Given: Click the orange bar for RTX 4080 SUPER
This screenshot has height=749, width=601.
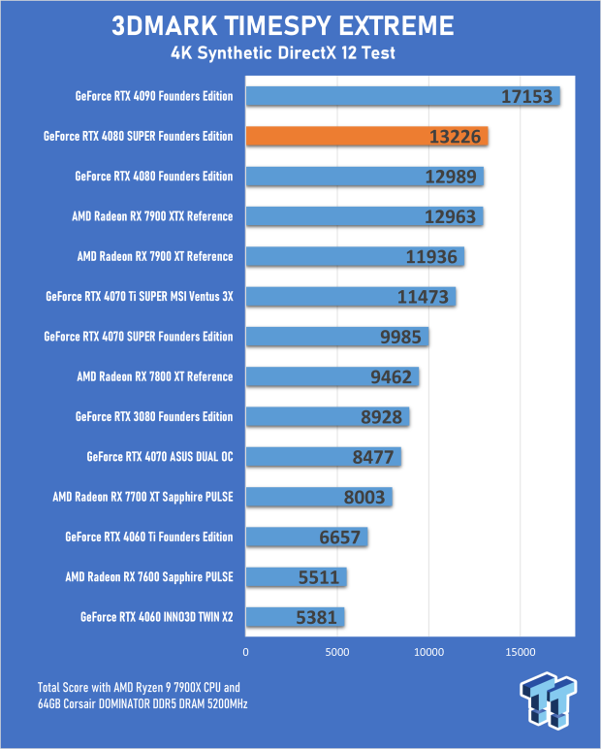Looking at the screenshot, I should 366,136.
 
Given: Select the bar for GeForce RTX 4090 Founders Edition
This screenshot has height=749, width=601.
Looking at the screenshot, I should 402,96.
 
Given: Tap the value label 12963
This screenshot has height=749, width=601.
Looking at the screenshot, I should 450,216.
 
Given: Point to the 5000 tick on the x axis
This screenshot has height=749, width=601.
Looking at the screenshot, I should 337,652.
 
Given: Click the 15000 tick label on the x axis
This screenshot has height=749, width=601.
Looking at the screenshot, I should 521,652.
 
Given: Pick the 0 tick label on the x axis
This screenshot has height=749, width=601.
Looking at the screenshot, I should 246,652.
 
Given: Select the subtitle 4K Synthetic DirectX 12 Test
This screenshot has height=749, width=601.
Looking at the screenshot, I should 300,52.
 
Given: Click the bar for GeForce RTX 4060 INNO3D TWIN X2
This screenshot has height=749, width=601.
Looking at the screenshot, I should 295,616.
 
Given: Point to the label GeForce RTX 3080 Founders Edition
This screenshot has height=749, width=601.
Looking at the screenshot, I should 154,416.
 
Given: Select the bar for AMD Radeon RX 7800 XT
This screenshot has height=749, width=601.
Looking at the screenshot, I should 332,376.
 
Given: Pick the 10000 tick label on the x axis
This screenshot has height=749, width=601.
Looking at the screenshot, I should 428,652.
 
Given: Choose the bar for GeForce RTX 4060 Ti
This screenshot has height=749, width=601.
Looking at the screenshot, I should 306,537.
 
